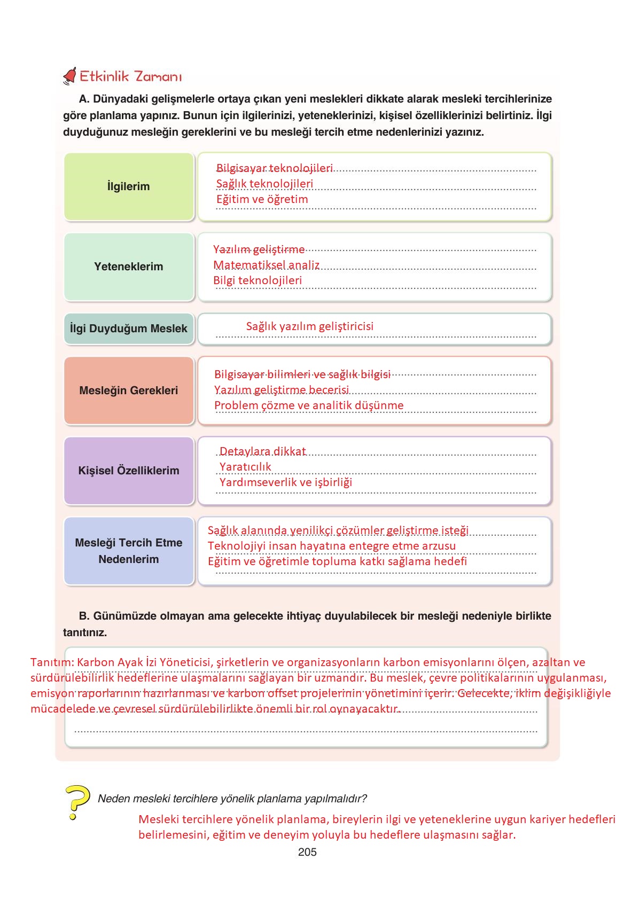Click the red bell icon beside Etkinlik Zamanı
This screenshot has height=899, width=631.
[69, 77]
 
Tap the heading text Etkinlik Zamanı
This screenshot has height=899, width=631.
[131, 76]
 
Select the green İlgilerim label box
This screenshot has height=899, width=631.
[129, 186]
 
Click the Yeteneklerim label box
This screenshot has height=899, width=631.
[129, 267]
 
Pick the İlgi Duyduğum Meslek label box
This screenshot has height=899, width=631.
[129, 329]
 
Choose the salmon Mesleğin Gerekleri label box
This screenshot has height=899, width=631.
[129, 390]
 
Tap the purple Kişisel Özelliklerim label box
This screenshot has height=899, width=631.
[129, 471]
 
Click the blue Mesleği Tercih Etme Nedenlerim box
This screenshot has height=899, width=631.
[129, 551]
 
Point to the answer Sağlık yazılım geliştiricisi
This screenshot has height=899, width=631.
[310, 326]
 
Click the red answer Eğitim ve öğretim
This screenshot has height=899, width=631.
[262, 199]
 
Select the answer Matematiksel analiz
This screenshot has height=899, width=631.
[267, 265]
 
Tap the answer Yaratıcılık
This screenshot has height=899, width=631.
[245, 467]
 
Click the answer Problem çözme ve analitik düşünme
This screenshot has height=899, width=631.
[309, 405]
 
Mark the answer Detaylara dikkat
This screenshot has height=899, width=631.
[262, 451]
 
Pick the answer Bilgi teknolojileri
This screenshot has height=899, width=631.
[258, 280]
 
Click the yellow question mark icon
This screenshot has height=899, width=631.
[76, 801]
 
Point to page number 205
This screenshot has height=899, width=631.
[307, 852]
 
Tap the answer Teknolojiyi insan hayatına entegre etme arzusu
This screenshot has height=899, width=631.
[332, 546]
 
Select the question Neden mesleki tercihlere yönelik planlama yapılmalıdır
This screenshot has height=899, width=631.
[232, 799]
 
